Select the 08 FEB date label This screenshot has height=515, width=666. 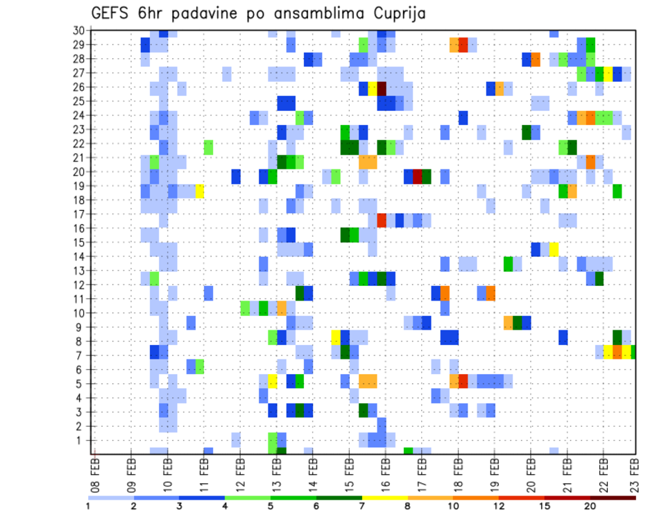click(95, 472)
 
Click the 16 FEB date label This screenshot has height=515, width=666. click(385, 472)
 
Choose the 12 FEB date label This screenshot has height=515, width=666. click(240, 472)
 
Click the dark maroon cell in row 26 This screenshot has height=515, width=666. click(382, 87)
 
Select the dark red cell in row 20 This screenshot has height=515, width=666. click(418, 176)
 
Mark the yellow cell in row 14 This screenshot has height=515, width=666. click(554, 248)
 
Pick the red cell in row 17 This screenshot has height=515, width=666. click(382, 220)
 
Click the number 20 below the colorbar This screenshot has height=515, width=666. click(590, 506)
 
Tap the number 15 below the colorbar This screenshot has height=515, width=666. click(545, 506)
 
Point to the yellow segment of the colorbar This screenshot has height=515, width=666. click(385, 498)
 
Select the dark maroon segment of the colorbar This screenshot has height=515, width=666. click(613, 498)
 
